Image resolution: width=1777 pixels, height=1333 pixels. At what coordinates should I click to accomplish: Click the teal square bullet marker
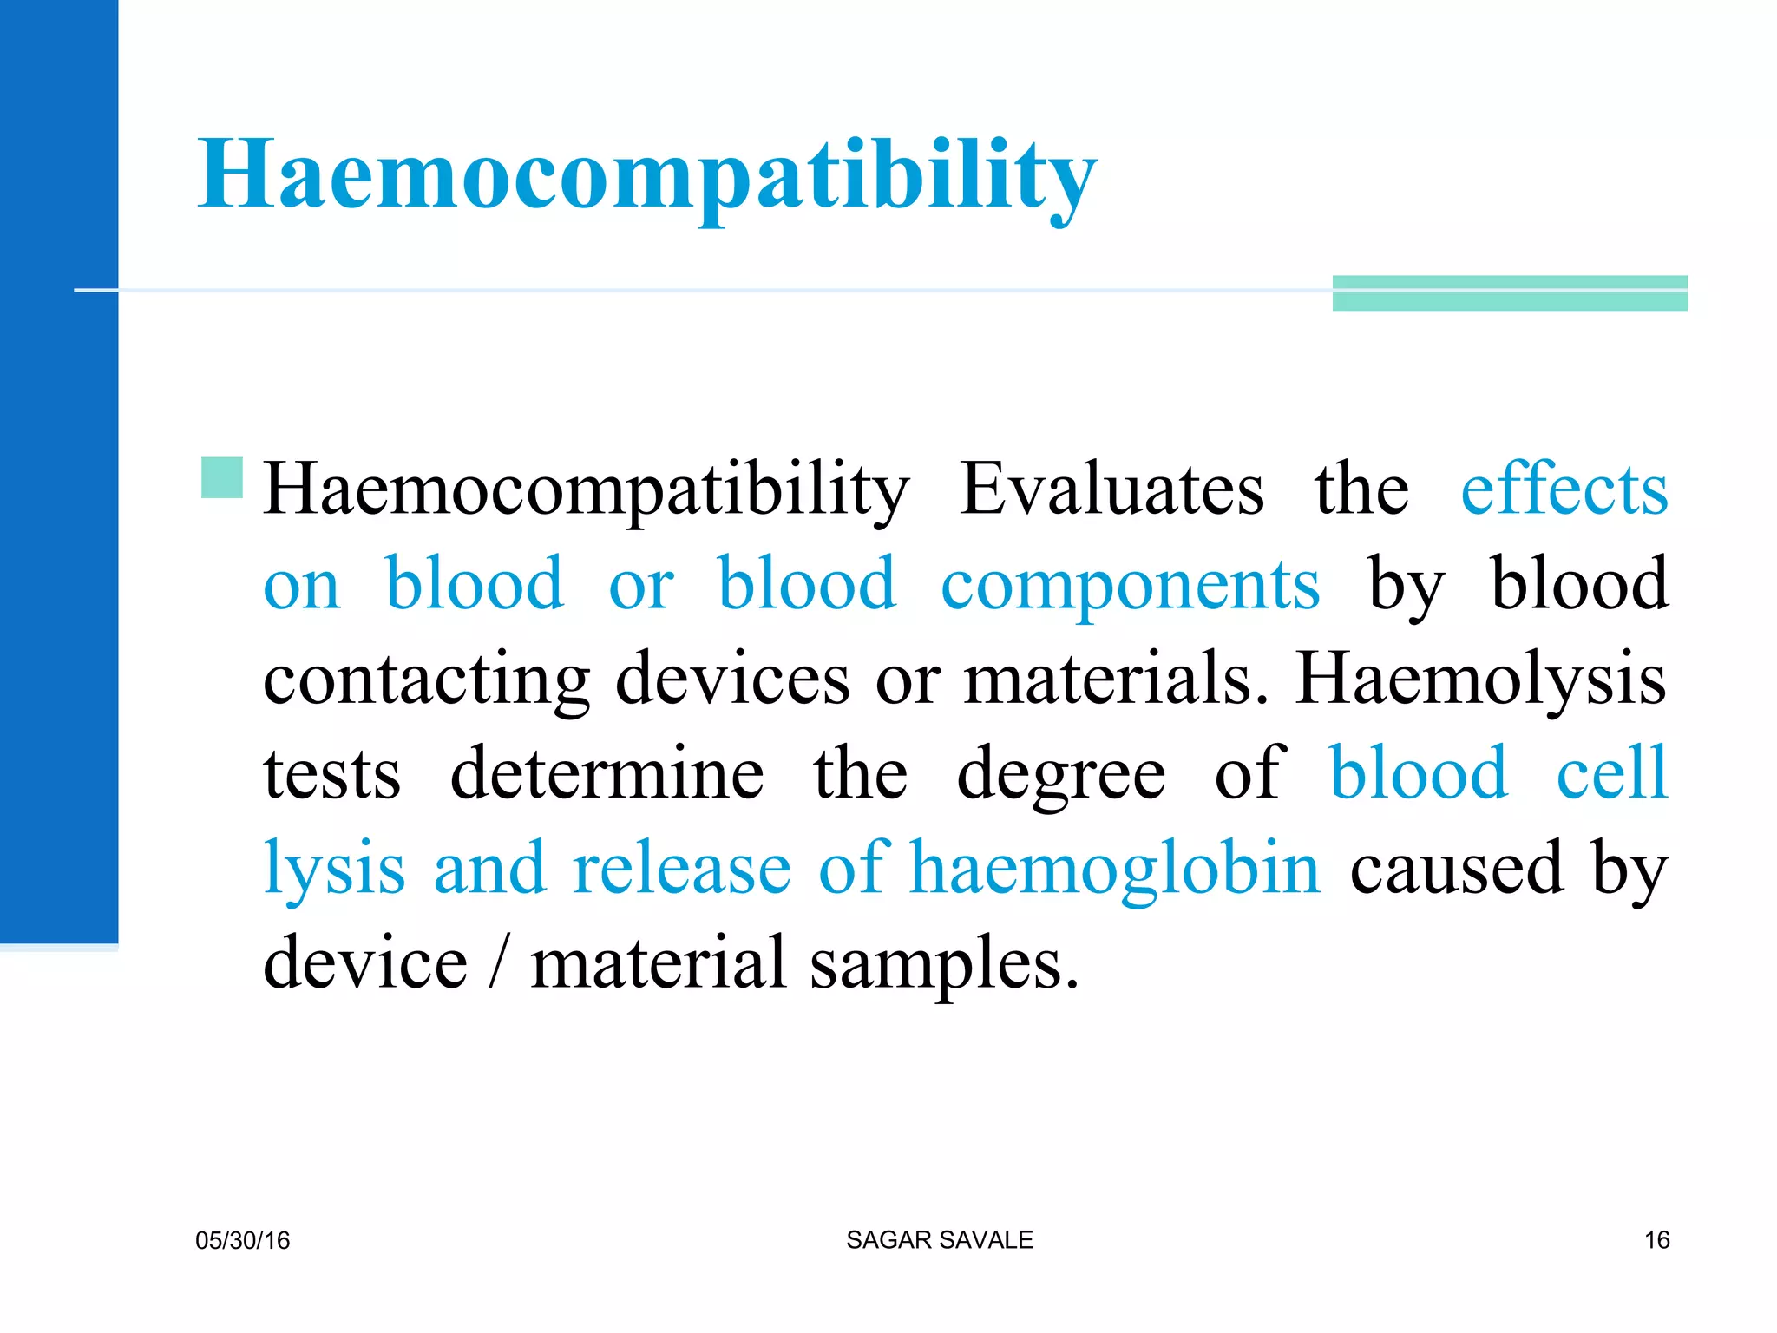coord(221,477)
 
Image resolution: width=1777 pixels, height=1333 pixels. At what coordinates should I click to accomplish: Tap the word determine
coord(607,773)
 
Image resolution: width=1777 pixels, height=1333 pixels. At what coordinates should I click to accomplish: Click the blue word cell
coord(1611,773)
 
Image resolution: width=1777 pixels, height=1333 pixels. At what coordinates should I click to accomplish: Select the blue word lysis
coord(334,870)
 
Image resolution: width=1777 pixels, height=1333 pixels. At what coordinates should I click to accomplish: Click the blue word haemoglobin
coord(1115,870)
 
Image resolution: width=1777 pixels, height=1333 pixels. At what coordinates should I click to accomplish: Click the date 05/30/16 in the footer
coord(243,1240)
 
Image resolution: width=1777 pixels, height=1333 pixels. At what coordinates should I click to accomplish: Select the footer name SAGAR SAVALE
coord(940,1240)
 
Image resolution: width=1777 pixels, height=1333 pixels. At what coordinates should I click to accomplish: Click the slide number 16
coord(1656,1240)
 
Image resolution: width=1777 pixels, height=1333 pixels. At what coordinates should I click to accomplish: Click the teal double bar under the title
coord(1510,293)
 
